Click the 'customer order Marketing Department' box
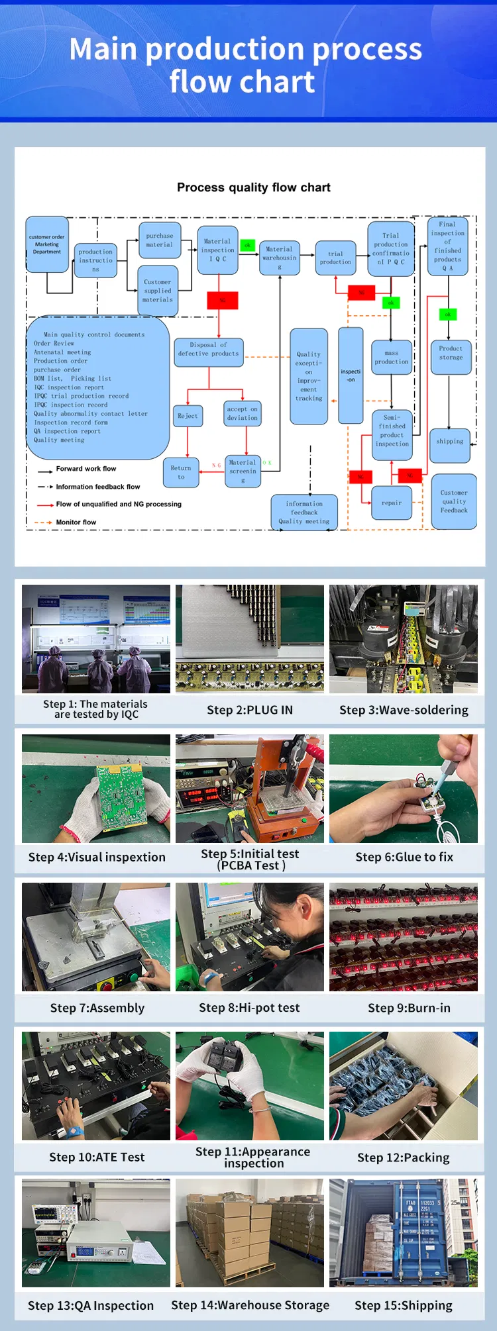click(47, 244)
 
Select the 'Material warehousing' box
click(279, 258)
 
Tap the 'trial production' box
click(335, 258)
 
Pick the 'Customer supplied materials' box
click(158, 291)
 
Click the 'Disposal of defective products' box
click(208, 349)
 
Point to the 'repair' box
click(392, 503)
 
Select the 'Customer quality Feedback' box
click(454, 501)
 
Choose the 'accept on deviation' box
click(243, 413)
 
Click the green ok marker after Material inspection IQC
click(248, 245)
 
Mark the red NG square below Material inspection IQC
click(223, 300)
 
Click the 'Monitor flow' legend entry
click(76, 522)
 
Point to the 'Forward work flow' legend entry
click(85, 469)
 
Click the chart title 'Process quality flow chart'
click(253, 187)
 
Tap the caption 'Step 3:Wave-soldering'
click(404, 710)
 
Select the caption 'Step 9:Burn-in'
click(409, 1008)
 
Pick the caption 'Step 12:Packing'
click(403, 1158)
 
